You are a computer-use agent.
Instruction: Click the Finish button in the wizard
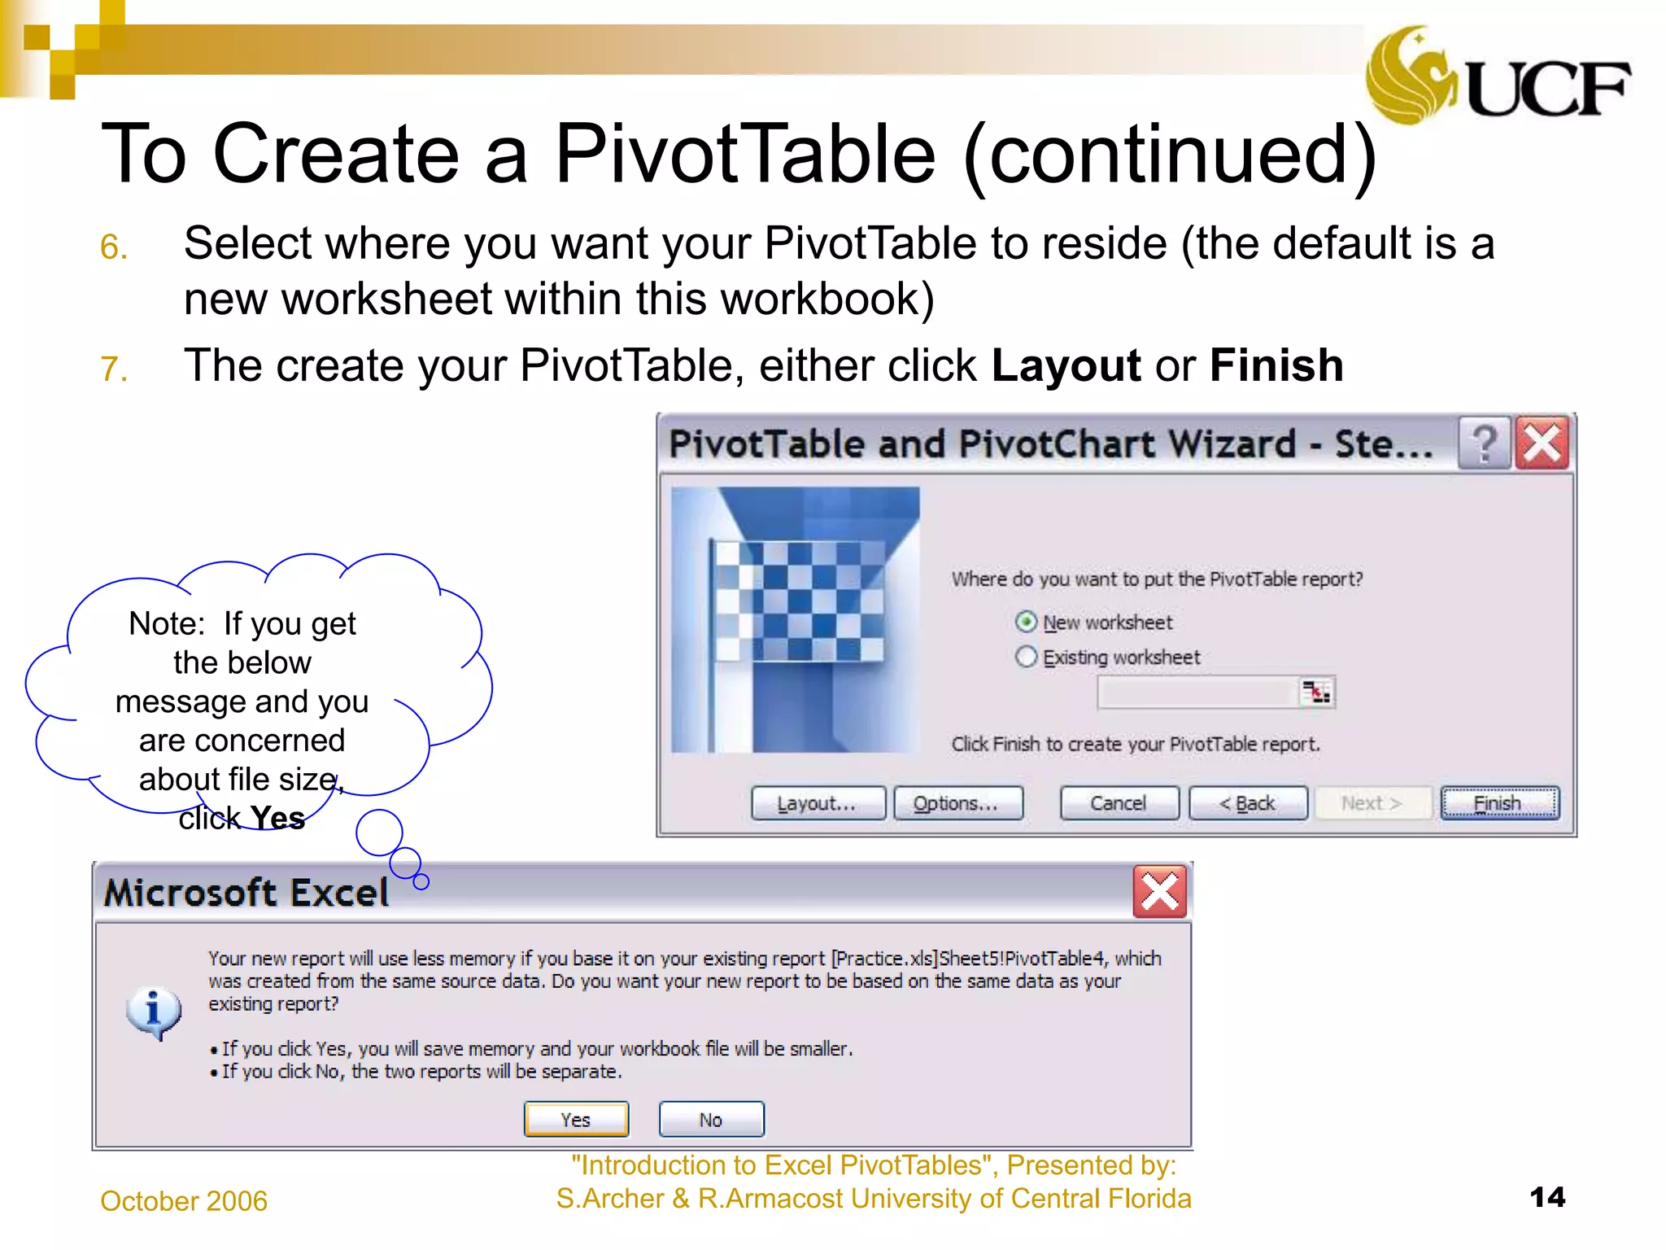[x=1499, y=803]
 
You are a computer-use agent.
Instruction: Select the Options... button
[x=957, y=803]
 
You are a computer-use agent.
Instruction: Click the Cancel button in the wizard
[x=1119, y=803]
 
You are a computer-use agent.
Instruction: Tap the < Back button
[x=1248, y=803]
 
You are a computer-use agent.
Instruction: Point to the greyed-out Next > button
[x=1372, y=803]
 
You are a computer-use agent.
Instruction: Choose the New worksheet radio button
[x=1027, y=622]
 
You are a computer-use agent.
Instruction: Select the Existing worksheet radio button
[x=1027, y=657]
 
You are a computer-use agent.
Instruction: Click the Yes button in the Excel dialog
[x=576, y=1120]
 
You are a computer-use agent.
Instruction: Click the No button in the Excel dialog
[x=711, y=1120]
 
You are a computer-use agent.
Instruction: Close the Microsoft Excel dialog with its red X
[x=1159, y=892]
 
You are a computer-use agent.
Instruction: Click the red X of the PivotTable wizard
[x=1542, y=444]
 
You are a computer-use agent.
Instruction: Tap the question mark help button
[x=1485, y=444]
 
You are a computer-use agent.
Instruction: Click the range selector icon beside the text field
[x=1315, y=693]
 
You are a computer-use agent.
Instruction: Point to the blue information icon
[x=154, y=1012]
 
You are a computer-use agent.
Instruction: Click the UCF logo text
[x=1548, y=89]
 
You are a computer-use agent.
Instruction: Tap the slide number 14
[x=1546, y=1197]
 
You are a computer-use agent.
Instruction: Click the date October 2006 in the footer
[x=184, y=1201]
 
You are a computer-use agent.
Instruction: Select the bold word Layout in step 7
[x=1066, y=365]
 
